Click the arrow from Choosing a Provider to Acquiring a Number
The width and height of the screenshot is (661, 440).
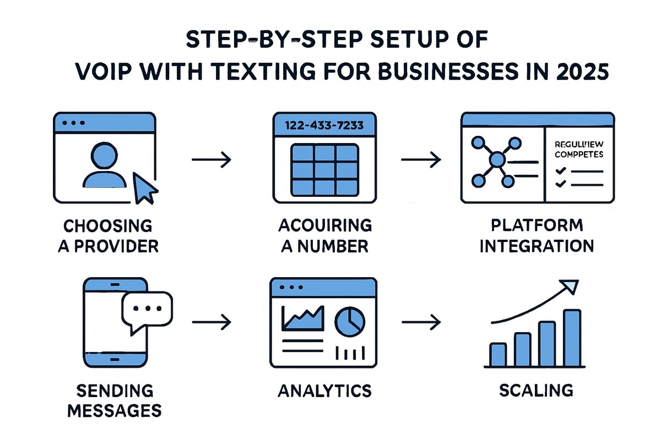click(x=211, y=160)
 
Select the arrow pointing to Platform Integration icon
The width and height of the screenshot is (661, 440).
click(x=421, y=160)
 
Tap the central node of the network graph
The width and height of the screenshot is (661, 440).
click(x=497, y=160)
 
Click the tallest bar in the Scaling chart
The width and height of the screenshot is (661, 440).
click(x=572, y=338)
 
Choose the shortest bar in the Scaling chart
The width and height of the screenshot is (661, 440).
click(x=497, y=354)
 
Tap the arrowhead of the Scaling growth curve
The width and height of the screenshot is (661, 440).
click(x=571, y=286)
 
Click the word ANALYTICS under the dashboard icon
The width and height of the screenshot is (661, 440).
click(x=324, y=391)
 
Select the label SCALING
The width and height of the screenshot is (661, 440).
click(x=536, y=391)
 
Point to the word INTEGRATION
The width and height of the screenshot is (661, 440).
click(x=536, y=246)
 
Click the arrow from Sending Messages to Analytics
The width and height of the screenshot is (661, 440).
click(x=211, y=322)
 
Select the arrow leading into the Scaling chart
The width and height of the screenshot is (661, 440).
click(x=421, y=322)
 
